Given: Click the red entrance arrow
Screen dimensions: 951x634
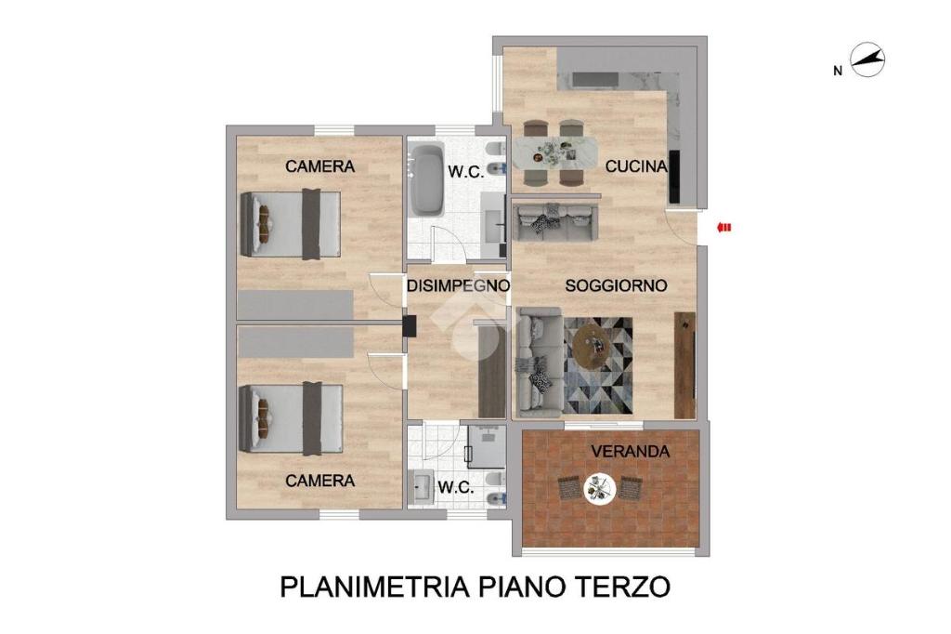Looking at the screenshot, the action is pyautogui.click(x=723, y=228).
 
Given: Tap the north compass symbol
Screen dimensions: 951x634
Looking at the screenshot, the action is pyautogui.click(x=867, y=59).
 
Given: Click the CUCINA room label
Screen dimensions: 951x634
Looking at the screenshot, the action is pyautogui.click(x=636, y=165).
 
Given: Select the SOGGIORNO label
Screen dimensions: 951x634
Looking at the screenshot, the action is pyautogui.click(x=617, y=285).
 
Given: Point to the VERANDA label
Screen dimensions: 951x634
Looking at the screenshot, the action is pyautogui.click(x=631, y=451).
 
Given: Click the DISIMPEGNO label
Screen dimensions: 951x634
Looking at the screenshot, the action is pyautogui.click(x=458, y=285).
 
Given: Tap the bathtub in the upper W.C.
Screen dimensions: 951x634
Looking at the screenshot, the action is pyautogui.click(x=426, y=179).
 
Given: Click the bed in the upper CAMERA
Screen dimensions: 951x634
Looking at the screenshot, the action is pyautogui.click(x=291, y=224).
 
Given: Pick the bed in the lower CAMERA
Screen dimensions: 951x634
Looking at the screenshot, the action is pyautogui.click(x=291, y=418).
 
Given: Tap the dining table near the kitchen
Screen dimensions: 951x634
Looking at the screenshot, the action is pyautogui.click(x=554, y=152).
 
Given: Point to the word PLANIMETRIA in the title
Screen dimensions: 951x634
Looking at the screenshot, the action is pyautogui.click(x=374, y=588).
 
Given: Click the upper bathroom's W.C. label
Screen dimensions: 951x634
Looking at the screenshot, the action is pyautogui.click(x=466, y=172).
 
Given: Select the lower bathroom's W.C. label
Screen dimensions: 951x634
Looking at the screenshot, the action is pyautogui.click(x=455, y=487).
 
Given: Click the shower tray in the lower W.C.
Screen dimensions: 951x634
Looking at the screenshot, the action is pyautogui.click(x=487, y=446).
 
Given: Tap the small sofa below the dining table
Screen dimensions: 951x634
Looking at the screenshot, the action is pyautogui.click(x=555, y=221).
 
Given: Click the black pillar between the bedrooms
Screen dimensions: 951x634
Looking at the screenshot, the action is pyautogui.click(x=410, y=326).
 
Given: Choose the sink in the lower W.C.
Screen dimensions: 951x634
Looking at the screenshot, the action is pyautogui.click(x=422, y=487).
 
